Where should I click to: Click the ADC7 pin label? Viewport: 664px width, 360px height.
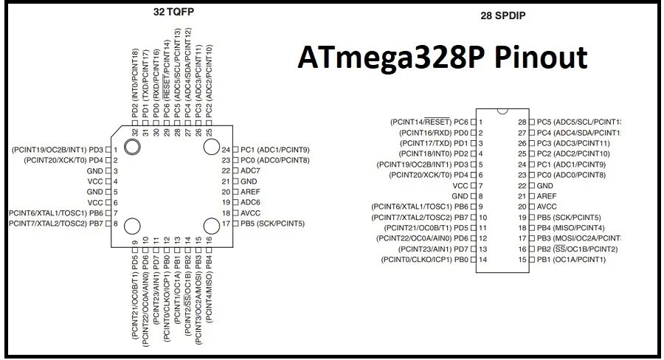251,170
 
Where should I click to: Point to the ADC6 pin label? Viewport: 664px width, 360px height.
251,202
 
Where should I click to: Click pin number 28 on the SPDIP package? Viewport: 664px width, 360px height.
522,122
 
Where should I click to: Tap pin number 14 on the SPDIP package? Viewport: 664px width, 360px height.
482,260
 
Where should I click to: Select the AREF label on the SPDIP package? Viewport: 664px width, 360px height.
547,196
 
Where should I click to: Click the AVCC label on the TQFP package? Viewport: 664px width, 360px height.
251,212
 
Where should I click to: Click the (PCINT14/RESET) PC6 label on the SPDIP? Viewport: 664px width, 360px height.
429,122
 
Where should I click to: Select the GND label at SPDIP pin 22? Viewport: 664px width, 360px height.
546,186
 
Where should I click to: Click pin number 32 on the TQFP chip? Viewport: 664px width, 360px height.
135,133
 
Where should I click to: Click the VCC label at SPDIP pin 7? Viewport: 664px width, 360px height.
460,186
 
